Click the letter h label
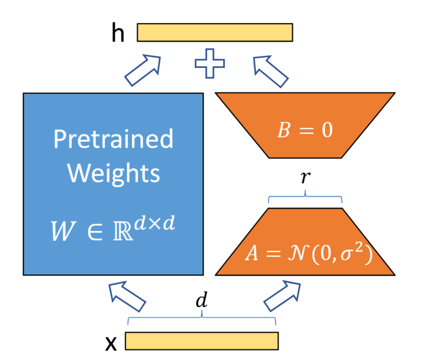[118, 34]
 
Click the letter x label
[111, 343]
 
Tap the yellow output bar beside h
[215, 33]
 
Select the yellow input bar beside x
[202, 341]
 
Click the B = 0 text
[305, 130]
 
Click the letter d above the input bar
[203, 301]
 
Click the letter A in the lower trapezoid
[252, 256]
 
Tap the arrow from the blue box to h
[142, 71]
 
